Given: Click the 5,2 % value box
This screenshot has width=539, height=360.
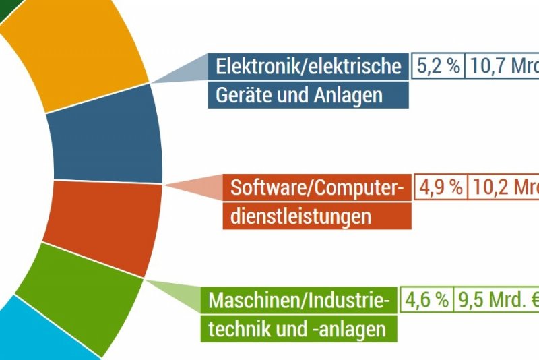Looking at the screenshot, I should pyautogui.click(x=438, y=66).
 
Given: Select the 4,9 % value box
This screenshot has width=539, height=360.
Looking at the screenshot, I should pyautogui.click(x=441, y=187).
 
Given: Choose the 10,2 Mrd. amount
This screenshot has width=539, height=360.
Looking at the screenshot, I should pyautogui.click(x=504, y=187).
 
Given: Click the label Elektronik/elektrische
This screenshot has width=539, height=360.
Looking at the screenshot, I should pyautogui.click(x=308, y=66).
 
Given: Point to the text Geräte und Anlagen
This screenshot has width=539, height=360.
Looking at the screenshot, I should pyautogui.click(x=298, y=95).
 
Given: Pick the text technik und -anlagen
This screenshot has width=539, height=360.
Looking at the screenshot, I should pyautogui.click(x=297, y=329).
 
